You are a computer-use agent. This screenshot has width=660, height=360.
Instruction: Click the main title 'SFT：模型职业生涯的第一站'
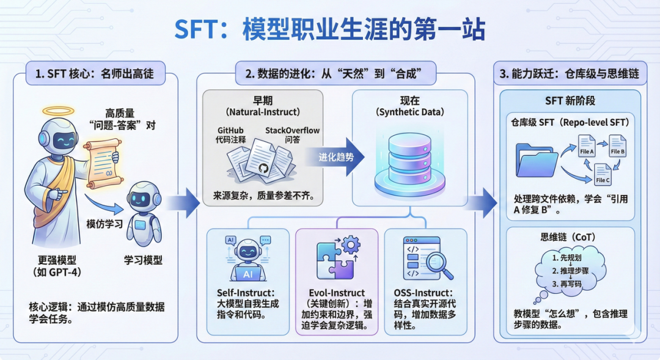pyautogui.click(x=331, y=29)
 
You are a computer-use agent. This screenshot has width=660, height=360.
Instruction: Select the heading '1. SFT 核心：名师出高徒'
pyautogui.click(x=95, y=74)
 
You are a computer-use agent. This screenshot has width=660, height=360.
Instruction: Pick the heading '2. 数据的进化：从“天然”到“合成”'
pyautogui.click(x=334, y=74)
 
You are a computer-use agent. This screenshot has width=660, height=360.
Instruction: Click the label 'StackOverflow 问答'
pyautogui.click(x=292, y=135)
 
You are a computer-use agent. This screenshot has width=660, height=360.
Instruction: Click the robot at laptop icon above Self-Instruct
pyautogui.click(x=247, y=254)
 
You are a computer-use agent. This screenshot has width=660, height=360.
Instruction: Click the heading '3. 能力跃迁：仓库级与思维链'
pyautogui.click(x=569, y=74)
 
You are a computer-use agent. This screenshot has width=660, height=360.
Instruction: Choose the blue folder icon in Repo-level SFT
pyautogui.click(x=537, y=161)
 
